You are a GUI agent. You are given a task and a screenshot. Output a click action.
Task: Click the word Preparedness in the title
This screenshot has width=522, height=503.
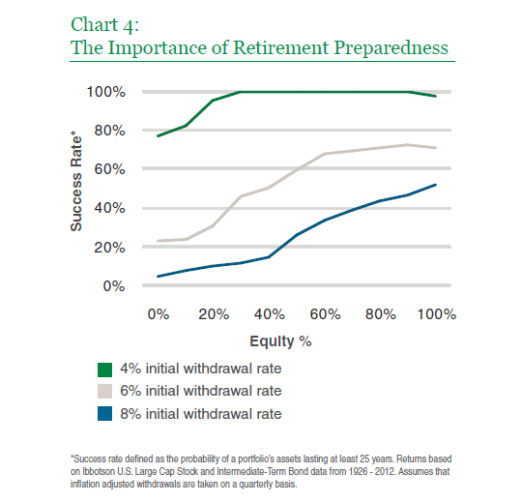pyautogui.click(x=391, y=48)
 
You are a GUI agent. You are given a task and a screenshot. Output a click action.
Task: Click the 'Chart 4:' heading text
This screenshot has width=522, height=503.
pyautogui.click(x=104, y=25)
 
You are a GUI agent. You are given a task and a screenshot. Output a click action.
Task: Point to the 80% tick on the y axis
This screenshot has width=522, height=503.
pyautogui.click(x=109, y=131)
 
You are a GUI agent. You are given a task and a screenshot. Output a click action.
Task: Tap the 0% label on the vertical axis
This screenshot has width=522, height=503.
pyautogui.click(x=114, y=286)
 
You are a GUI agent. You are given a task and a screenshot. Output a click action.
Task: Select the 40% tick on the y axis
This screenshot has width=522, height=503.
pyautogui.click(x=109, y=208)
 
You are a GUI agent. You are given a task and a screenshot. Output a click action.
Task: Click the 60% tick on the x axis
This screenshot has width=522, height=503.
pyautogui.click(x=325, y=314)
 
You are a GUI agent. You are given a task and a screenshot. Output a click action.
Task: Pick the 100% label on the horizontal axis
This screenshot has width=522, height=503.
pyautogui.click(x=436, y=314)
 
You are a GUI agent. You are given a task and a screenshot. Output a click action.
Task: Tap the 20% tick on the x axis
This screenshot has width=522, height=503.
pyautogui.click(x=214, y=314)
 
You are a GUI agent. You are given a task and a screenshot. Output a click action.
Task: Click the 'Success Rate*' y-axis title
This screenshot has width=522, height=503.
pyautogui.click(x=76, y=182)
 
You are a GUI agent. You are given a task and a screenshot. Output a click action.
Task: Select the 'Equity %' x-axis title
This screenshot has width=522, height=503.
pyautogui.click(x=280, y=341)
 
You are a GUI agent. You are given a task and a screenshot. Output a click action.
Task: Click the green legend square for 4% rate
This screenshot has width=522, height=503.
pyautogui.click(x=104, y=370)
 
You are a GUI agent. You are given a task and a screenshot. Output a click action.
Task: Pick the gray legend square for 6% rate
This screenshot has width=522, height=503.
pyautogui.click(x=104, y=392)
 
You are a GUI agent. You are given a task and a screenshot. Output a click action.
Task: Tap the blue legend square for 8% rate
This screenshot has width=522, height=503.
pyautogui.click(x=104, y=414)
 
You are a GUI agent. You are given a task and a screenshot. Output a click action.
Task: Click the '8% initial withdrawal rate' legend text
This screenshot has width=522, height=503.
pyautogui.click(x=201, y=414)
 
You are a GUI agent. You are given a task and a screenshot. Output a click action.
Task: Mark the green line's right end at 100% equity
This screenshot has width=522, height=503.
pyautogui.click(x=435, y=96)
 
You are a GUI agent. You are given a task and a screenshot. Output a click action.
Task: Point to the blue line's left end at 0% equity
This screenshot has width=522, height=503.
pyautogui.click(x=159, y=276)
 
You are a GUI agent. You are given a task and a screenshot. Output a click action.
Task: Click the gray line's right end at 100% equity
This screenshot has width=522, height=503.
pyautogui.click(x=435, y=148)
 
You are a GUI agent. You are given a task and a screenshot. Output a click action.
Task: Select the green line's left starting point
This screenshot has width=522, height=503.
pyautogui.click(x=159, y=136)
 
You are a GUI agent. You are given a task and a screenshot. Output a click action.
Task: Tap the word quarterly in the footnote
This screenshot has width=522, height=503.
pyautogui.click(x=254, y=484)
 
